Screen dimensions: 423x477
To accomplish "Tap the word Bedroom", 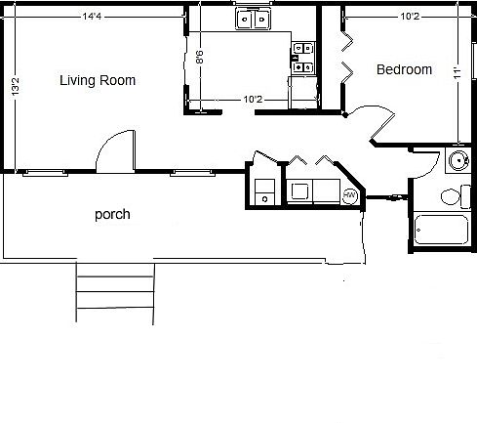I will click(404, 69).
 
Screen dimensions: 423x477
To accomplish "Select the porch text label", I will click(112, 214).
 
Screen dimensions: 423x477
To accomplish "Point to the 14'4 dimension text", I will click(94, 16).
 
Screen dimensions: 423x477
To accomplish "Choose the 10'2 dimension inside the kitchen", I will click(252, 99).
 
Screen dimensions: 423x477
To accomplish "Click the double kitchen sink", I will click(253, 18).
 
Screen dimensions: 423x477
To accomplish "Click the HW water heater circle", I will click(350, 196).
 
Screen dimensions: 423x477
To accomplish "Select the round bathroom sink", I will click(456, 162).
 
